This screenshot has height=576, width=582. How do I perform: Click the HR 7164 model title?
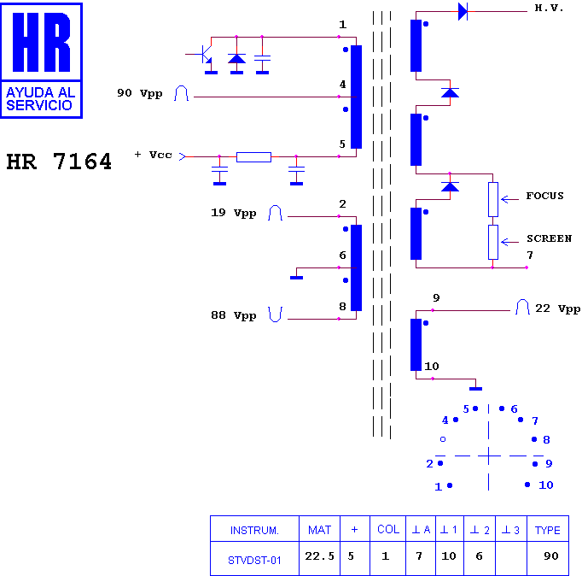(59, 162)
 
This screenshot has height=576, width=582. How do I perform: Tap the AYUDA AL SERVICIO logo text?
(40, 99)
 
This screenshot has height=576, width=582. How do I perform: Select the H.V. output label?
(549, 8)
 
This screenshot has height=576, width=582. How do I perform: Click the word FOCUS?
(544, 196)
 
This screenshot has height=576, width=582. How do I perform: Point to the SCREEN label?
(549, 238)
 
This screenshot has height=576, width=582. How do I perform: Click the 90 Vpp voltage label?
(140, 93)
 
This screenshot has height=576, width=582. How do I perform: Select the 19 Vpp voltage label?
(234, 213)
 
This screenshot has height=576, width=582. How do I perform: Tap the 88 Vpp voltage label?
(234, 315)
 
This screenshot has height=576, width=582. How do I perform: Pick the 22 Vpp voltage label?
(557, 309)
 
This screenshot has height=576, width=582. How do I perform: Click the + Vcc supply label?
(154, 155)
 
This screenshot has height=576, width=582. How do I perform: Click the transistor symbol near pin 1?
(203, 55)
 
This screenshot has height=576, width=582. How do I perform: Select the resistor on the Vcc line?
(254, 157)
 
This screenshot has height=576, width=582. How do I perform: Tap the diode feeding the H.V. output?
(463, 11)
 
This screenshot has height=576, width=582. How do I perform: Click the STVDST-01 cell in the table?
(254, 561)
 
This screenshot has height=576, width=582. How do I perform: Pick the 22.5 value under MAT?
(319, 556)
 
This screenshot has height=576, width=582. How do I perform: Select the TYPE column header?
(548, 531)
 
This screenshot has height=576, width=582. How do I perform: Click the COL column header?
(388, 530)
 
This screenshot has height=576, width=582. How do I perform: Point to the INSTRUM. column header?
(254, 531)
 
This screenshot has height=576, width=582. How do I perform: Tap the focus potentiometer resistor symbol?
(493, 200)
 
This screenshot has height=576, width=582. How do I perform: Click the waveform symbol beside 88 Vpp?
(275, 314)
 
